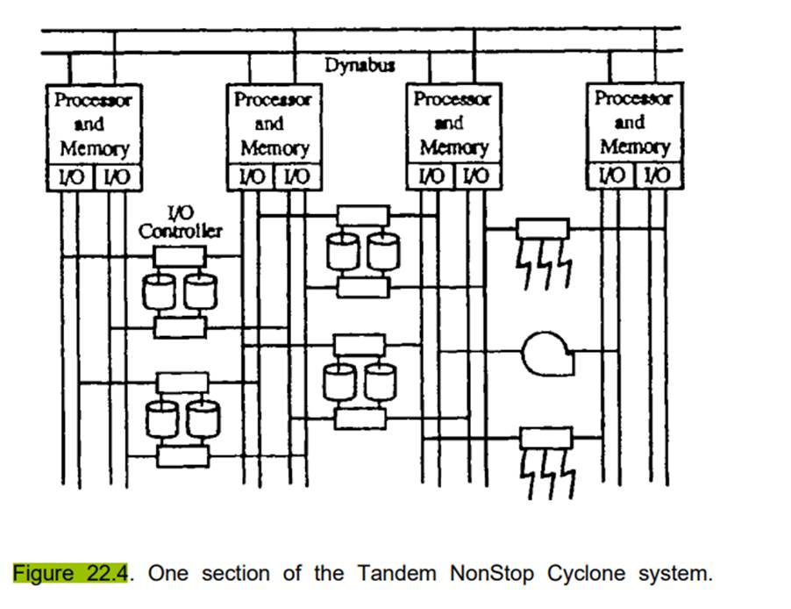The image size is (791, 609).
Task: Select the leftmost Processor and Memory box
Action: tap(93, 123)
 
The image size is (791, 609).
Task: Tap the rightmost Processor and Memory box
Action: tap(633, 122)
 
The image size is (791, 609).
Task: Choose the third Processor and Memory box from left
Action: tap(453, 123)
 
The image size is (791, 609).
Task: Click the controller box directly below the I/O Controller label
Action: tap(179, 256)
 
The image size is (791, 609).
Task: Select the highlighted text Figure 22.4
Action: tap(71, 575)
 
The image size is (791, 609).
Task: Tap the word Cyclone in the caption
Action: tap(587, 575)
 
